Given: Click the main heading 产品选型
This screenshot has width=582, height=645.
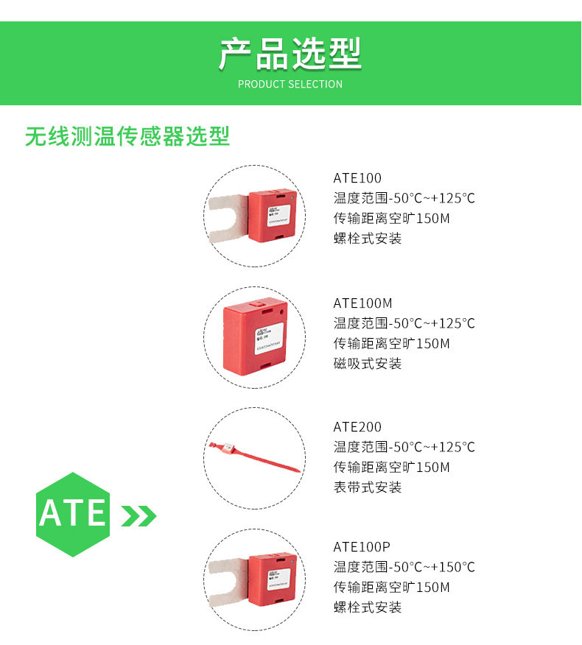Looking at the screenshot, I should click(x=290, y=54).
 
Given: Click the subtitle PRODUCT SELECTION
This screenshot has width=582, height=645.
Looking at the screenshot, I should click(x=290, y=84).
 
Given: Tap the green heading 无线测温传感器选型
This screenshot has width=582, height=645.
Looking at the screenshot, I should click(x=127, y=136).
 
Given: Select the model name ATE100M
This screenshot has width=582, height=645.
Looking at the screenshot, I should click(x=362, y=303).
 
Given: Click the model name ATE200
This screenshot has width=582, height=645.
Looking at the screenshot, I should click(x=357, y=427).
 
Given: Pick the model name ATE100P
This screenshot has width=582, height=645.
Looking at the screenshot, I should click(x=361, y=547).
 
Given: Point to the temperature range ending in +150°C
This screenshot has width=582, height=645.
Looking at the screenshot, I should click(x=404, y=567).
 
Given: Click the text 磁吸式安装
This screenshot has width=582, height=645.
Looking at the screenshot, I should click(x=368, y=364).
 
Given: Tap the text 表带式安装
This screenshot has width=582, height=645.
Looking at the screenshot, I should click(x=368, y=487).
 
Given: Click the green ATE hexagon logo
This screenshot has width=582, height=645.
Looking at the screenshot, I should click(x=73, y=513).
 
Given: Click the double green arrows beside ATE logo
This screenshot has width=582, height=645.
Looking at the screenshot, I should click(x=139, y=516).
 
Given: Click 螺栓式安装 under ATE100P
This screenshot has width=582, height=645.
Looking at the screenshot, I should click(x=368, y=607).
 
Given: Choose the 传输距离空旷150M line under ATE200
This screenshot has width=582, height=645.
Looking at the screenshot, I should click(x=391, y=468).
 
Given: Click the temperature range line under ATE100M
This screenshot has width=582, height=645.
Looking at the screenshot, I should click(x=404, y=323).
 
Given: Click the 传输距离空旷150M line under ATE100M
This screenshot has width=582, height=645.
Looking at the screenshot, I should click(x=391, y=344).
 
